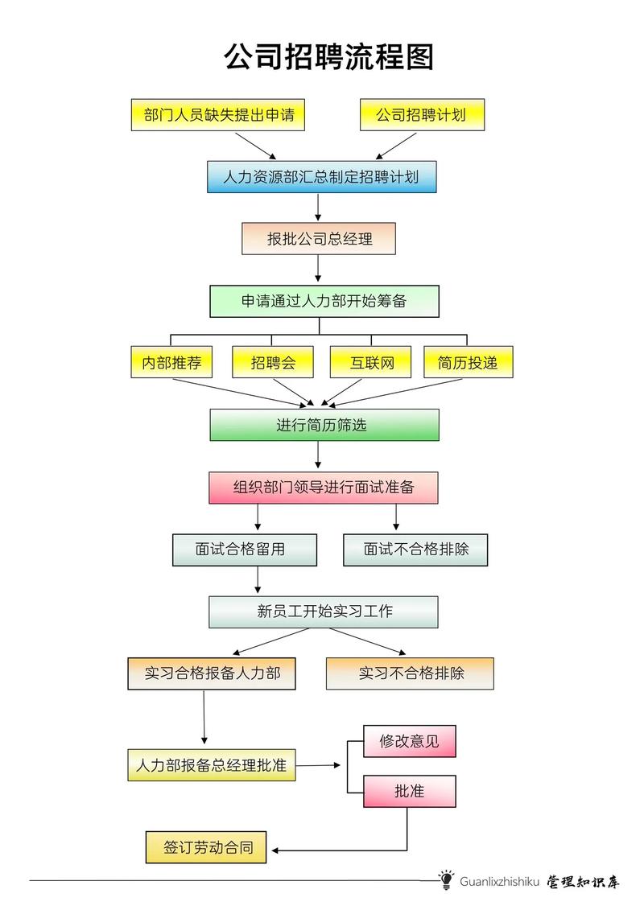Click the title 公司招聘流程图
click(x=328, y=58)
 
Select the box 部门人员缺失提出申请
click(x=220, y=114)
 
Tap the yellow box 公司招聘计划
click(x=422, y=114)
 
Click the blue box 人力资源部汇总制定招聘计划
click(x=321, y=177)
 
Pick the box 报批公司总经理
click(x=319, y=239)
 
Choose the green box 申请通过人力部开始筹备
click(x=324, y=301)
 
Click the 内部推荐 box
click(x=171, y=362)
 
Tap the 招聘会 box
click(x=273, y=362)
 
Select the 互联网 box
click(x=370, y=362)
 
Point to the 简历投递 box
click(x=468, y=362)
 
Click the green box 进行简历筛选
click(x=324, y=425)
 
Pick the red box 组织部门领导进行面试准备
click(x=324, y=488)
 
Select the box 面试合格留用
click(x=244, y=550)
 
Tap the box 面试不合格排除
click(x=415, y=550)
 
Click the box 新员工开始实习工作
click(x=324, y=611)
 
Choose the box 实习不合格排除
click(x=410, y=673)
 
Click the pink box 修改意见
click(x=409, y=741)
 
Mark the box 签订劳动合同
click(x=208, y=847)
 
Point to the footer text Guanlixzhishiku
click(x=499, y=882)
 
